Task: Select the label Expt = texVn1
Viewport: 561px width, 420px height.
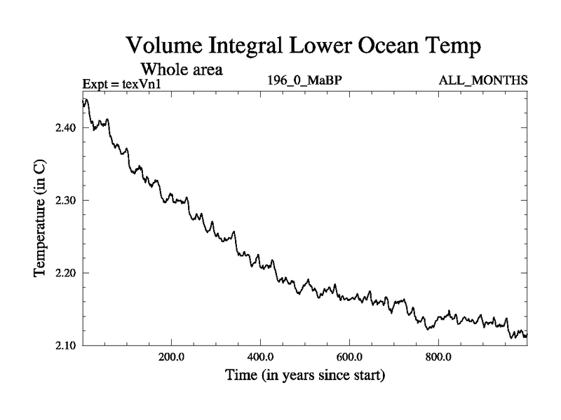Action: pyautogui.click(x=121, y=84)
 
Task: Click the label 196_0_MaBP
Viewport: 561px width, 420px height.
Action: pyautogui.click(x=305, y=80)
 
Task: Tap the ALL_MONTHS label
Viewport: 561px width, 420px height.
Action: pyautogui.click(x=482, y=80)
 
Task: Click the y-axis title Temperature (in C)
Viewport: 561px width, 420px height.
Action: pyautogui.click(x=41, y=223)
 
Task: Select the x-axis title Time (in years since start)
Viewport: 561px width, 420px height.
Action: pyautogui.click(x=305, y=376)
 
